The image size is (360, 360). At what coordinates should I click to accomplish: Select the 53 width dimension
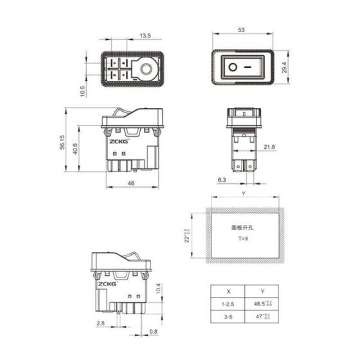pos(242,30)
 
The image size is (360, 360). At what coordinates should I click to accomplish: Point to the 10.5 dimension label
pos(82,91)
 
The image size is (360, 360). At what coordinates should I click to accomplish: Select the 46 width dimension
pos(130,183)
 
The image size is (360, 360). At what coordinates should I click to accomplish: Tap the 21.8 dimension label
pos(269,147)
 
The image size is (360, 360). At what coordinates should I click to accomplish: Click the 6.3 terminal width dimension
pos(221,181)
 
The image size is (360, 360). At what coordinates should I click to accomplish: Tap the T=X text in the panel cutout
pos(242,239)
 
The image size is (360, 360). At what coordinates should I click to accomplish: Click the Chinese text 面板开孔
pos(242,227)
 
